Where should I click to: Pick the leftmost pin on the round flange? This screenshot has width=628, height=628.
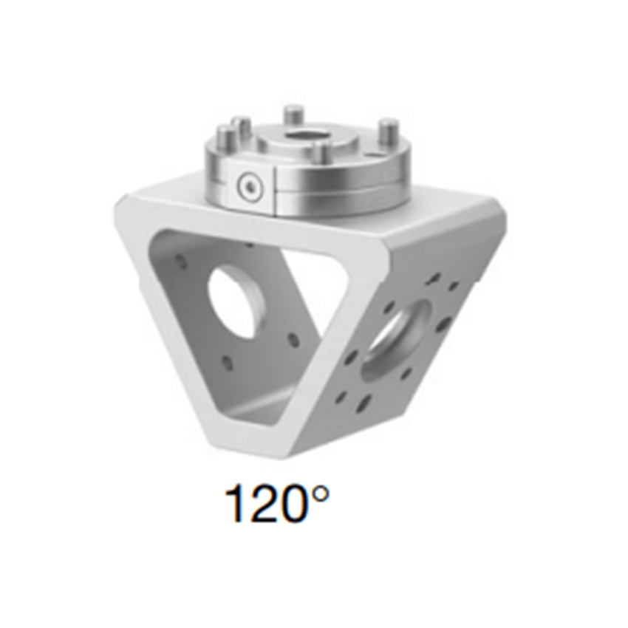click(x=222, y=137)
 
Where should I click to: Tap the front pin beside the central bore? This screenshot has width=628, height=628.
click(x=320, y=152)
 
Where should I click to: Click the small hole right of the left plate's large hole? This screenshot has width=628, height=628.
click(x=293, y=341)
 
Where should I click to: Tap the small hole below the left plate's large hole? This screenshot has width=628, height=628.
click(x=227, y=363)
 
